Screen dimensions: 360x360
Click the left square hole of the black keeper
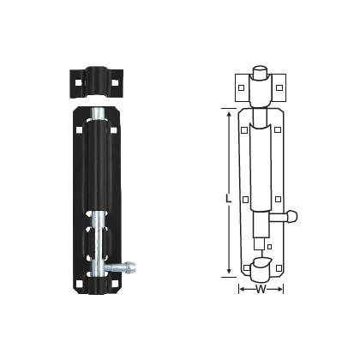(x=75, y=82)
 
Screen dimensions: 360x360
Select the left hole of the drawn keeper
(x=241, y=87)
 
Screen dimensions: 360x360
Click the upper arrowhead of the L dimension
(x=229, y=112)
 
